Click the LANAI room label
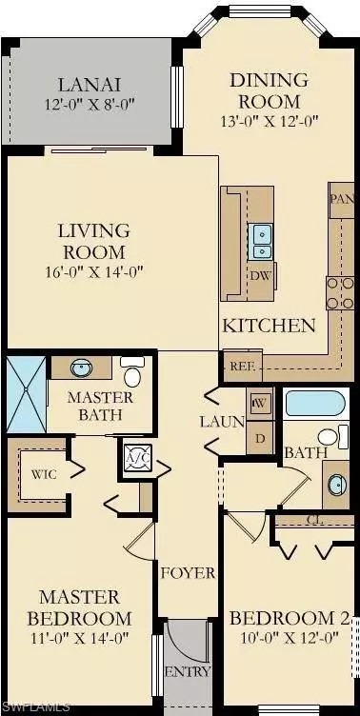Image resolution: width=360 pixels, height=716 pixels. [x=89, y=84]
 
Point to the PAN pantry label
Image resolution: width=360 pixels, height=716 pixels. [x=340, y=199]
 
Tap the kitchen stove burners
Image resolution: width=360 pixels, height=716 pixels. [x=340, y=291]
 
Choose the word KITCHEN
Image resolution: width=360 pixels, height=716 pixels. [x=269, y=326]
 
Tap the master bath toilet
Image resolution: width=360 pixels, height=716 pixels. [x=132, y=372]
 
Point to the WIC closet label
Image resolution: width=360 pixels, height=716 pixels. [x=42, y=472]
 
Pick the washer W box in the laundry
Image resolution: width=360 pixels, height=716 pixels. [x=259, y=404]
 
